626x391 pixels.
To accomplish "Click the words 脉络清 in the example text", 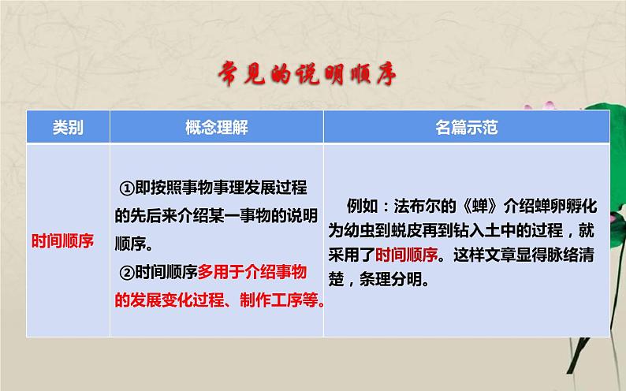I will pos(568,255).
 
